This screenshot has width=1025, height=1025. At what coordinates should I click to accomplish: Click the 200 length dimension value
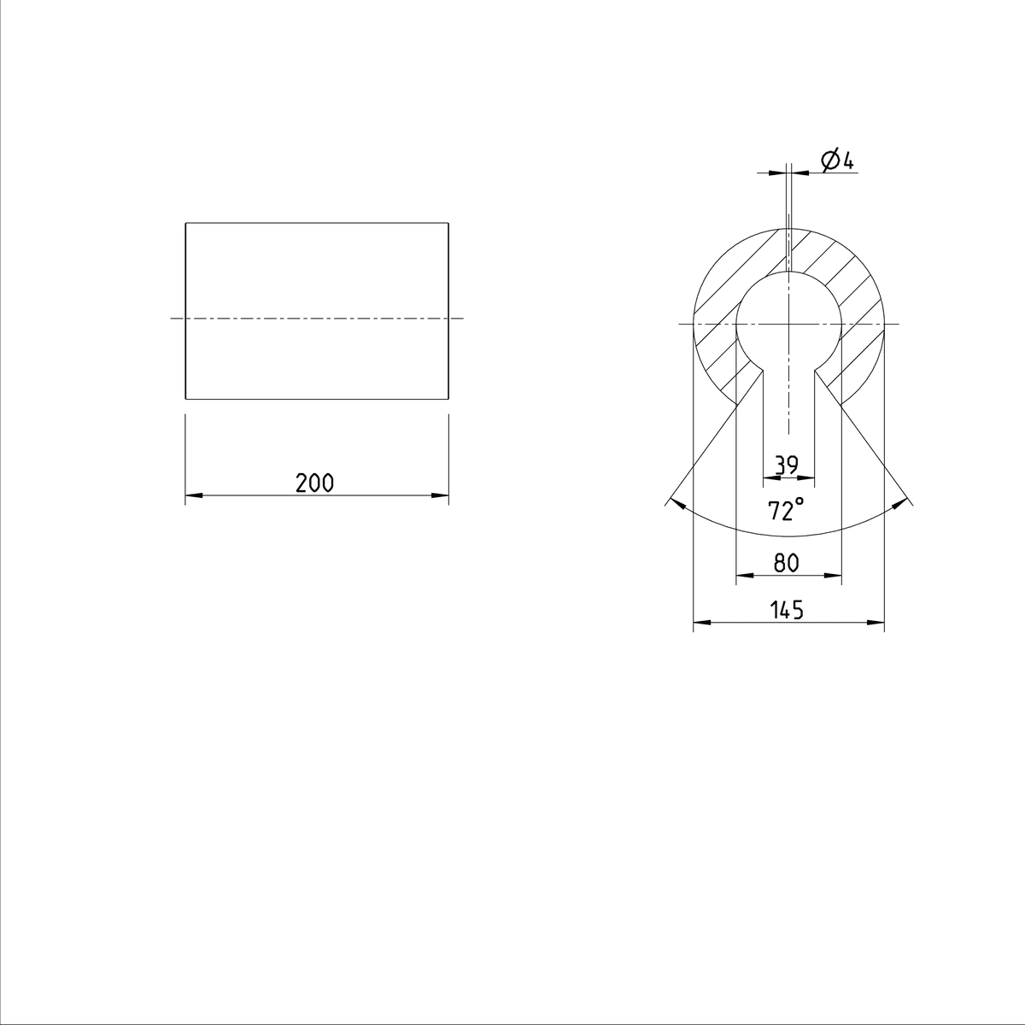(x=315, y=483)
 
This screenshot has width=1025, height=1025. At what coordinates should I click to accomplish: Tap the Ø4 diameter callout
(x=837, y=161)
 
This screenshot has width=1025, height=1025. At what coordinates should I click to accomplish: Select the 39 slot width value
(x=787, y=465)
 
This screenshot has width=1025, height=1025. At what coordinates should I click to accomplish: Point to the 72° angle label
(x=786, y=509)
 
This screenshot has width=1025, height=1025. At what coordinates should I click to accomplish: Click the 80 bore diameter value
(x=787, y=562)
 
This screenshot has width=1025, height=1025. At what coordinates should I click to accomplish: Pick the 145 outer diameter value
(x=787, y=610)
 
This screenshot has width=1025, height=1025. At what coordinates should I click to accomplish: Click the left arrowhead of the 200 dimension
(x=194, y=495)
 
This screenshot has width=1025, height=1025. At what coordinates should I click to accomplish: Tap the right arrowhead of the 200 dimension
(x=440, y=495)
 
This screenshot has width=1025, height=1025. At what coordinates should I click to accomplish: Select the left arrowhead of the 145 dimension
(x=702, y=623)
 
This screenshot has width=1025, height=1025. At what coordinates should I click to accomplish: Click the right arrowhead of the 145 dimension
(x=876, y=623)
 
